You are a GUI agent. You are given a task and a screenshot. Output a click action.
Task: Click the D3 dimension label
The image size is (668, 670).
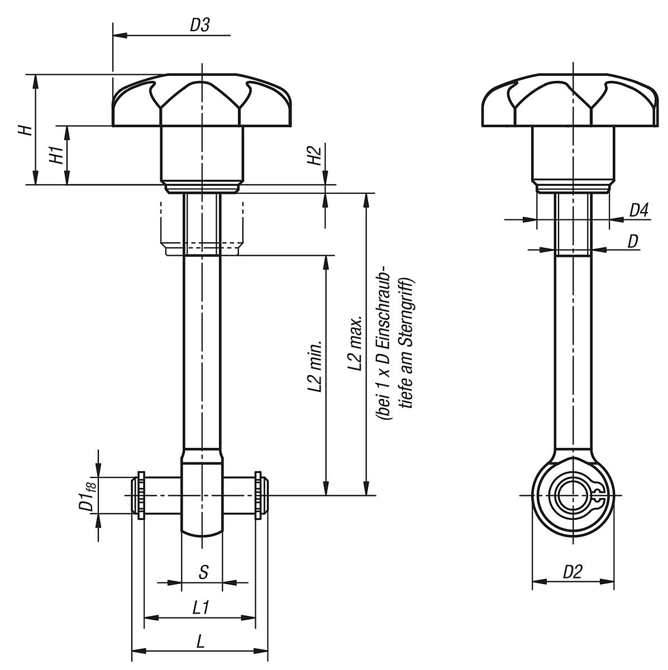coord(199,25)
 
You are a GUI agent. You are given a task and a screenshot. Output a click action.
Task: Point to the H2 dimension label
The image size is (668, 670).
coord(314,156)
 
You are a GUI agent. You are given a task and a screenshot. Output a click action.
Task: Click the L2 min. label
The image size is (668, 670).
coord(316,366)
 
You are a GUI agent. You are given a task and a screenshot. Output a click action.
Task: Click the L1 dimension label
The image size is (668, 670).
coord(201,607)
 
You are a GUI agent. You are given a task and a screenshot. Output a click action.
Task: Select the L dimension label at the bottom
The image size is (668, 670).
coord(201,642)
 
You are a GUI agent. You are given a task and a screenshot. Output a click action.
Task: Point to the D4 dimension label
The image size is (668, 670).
coord(638,210)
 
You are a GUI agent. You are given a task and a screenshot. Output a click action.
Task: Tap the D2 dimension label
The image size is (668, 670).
coord(572,572)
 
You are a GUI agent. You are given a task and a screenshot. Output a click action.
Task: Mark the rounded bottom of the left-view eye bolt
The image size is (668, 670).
coord(202,528)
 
